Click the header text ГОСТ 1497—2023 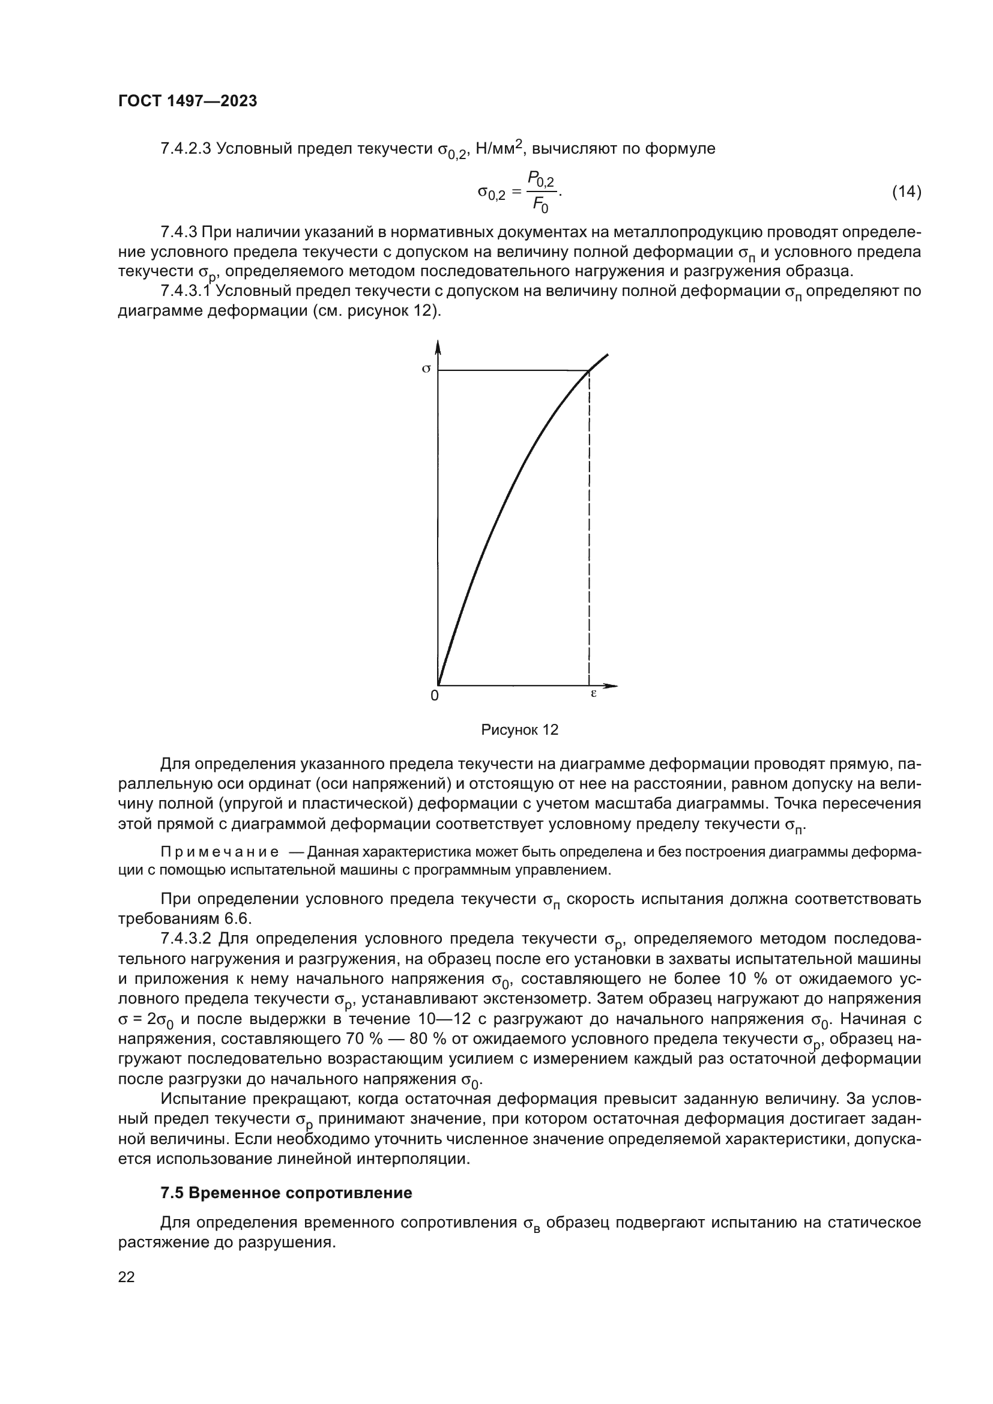point(187,101)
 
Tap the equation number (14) point(906,192)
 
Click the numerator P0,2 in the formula point(541,179)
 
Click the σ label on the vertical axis point(427,369)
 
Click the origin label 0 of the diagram point(434,696)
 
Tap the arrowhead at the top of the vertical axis point(438,347)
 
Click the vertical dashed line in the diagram point(589,526)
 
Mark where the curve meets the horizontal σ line point(588,370)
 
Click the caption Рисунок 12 point(520,729)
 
